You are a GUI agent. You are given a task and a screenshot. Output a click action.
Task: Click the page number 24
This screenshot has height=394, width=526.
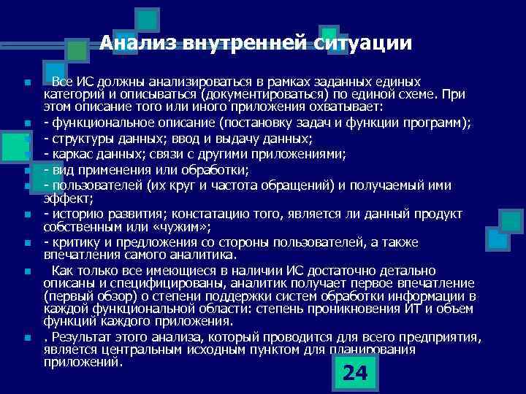[x=355, y=373]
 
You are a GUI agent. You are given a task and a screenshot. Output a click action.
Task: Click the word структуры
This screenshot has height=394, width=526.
[x=77, y=138]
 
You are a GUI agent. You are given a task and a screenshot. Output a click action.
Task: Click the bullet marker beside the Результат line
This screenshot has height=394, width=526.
[x=26, y=339]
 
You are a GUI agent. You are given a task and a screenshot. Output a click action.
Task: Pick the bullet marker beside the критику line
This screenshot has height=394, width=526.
[x=26, y=243]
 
